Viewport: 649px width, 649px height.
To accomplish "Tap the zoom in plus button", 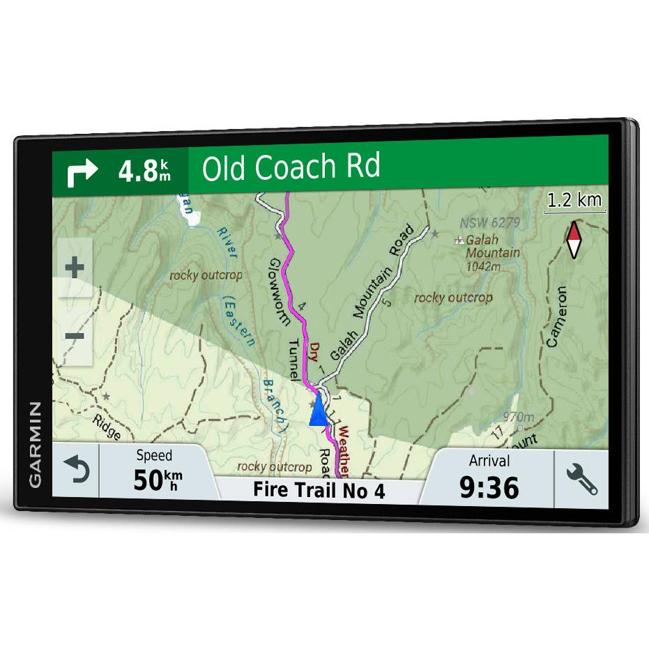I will [x=74, y=267].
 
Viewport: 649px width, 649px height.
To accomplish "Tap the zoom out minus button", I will [x=74, y=336].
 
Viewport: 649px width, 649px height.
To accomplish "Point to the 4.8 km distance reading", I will [x=144, y=171].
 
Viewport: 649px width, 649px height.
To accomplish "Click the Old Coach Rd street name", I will [x=291, y=168].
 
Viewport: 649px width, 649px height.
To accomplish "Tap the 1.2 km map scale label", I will [x=574, y=201].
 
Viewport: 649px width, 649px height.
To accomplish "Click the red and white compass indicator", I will [x=574, y=240].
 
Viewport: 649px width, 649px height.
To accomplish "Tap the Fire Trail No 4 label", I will [x=319, y=490].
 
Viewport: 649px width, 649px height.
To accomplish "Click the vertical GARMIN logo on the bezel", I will [x=35, y=444].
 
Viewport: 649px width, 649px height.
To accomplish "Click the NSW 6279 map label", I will [x=489, y=223].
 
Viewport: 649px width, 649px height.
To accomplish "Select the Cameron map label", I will [x=557, y=316].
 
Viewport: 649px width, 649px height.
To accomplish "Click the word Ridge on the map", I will [x=107, y=427].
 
